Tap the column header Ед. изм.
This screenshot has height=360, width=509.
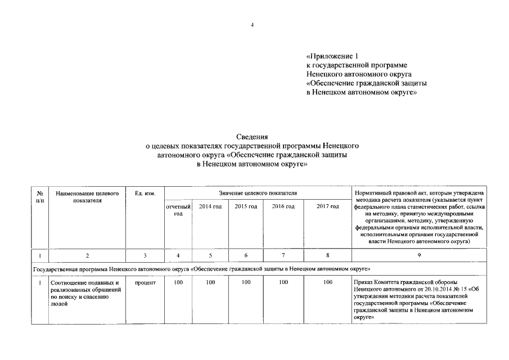[x=145, y=193]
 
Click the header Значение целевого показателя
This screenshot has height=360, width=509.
[x=258, y=193]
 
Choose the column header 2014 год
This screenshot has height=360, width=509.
[x=210, y=207]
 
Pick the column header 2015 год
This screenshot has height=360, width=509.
[x=246, y=207]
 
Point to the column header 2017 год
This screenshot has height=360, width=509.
[x=328, y=207]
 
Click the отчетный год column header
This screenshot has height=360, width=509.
[x=178, y=210]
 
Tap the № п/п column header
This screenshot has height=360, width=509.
[x=40, y=197]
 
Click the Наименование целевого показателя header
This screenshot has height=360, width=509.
[x=87, y=197]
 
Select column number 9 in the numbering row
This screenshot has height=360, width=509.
[x=418, y=256]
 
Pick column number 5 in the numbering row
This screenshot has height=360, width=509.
[x=210, y=256]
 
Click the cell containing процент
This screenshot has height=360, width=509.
[x=145, y=282]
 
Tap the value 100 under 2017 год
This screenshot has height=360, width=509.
[x=328, y=282]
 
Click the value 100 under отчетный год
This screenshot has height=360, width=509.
[x=178, y=282]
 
